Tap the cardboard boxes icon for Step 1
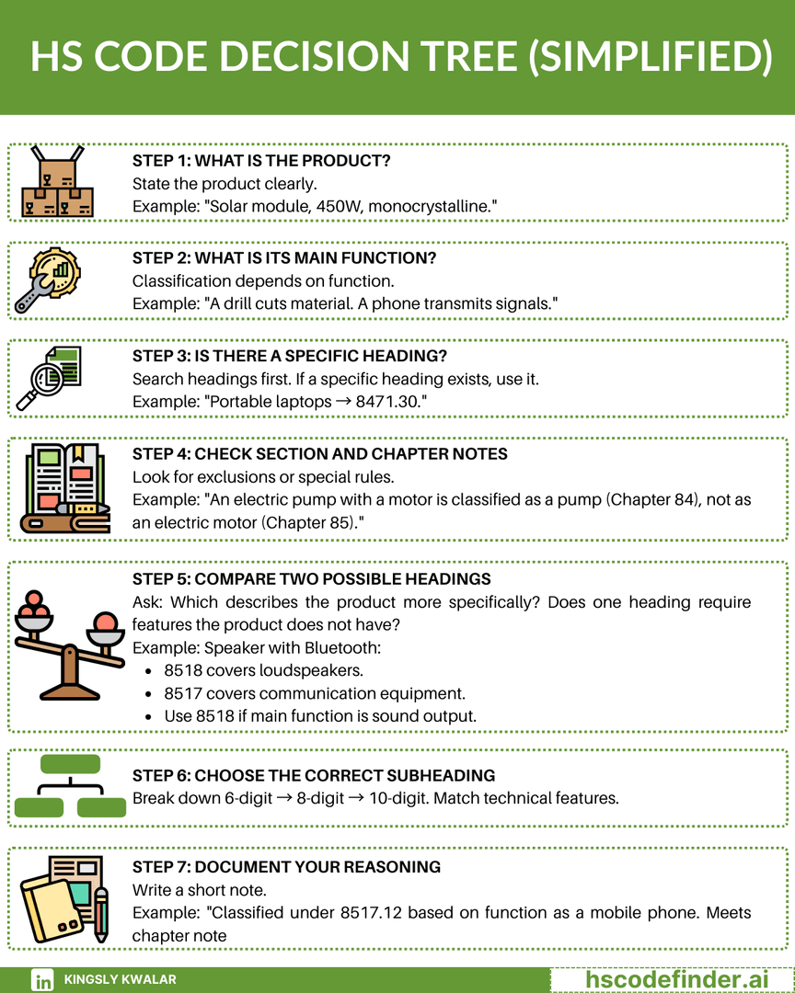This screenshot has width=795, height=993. click(x=57, y=182)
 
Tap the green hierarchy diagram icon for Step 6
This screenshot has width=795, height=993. click(x=69, y=786)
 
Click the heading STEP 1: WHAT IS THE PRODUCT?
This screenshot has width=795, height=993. click(x=261, y=160)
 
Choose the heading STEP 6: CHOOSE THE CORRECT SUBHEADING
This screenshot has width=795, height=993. click(x=314, y=775)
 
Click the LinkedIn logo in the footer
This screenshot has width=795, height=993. click(x=42, y=980)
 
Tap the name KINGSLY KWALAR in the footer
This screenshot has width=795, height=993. click(x=120, y=980)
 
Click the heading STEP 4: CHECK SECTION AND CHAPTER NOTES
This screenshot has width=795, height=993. click(x=319, y=453)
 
